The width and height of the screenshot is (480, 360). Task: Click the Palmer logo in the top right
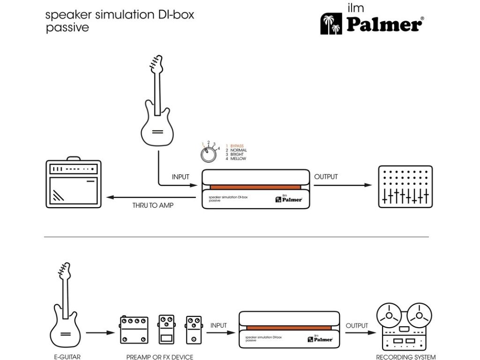(373, 22)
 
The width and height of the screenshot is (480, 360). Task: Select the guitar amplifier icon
(74, 183)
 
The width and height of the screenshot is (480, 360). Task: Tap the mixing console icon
(405, 186)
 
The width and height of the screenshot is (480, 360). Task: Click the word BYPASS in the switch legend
(237, 146)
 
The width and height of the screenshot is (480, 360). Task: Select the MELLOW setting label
(238, 159)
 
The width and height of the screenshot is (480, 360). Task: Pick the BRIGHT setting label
(237, 154)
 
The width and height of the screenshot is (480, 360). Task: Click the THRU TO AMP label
(153, 205)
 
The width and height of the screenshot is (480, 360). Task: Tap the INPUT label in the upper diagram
(180, 177)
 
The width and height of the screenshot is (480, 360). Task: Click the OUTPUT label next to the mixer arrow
(326, 177)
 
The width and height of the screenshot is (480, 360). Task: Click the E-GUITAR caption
(67, 357)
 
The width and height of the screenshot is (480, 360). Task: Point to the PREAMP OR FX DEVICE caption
(159, 357)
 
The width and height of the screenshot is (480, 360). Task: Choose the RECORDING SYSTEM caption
(406, 357)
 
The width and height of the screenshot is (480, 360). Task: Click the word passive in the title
(67, 28)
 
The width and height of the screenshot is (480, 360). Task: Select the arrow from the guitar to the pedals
(100, 333)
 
